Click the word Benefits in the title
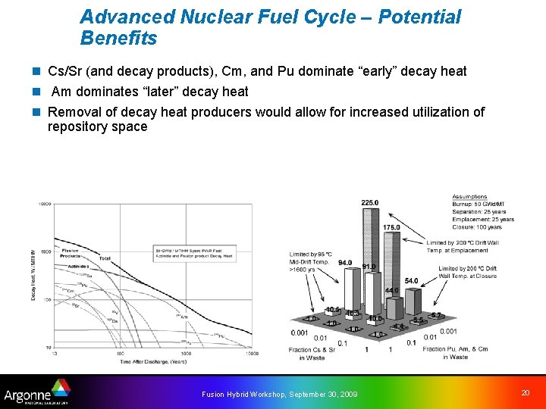tap(118, 39)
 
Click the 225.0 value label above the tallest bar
tap(369, 203)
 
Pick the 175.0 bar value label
tap(391, 228)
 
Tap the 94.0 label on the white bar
tap(344, 263)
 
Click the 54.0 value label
tap(411, 281)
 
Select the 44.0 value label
tap(391, 291)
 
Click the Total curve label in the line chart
tap(105, 259)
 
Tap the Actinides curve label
tap(77, 267)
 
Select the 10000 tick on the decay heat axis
tap(45, 204)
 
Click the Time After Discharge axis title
tap(152, 361)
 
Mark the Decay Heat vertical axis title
tap(34, 276)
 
